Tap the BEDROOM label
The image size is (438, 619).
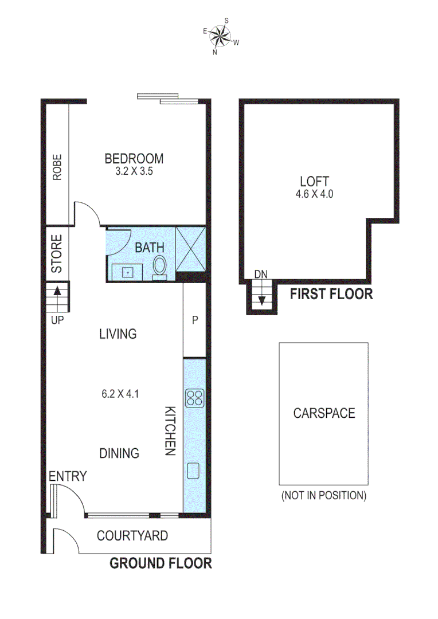click(134, 159)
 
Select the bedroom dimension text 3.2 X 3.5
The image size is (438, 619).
click(134, 171)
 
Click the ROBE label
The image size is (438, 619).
click(57, 167)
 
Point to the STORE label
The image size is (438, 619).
click(57, 253)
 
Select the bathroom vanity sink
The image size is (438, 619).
click(128, 271)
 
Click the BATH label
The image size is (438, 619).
click(150, 248)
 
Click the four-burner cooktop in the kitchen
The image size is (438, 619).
click(194, 397)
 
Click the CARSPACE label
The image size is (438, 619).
click(324, 413)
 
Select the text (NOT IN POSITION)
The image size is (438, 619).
click(323, 495)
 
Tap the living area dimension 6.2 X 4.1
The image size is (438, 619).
click(120, 394)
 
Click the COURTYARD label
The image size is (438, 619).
click(132, 536)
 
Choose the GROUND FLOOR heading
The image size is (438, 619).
click(161, 563)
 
